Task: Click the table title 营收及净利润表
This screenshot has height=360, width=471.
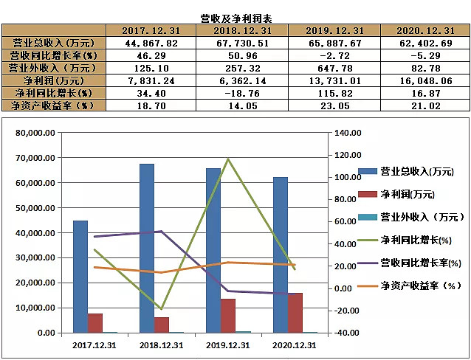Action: click(x=235, y=17)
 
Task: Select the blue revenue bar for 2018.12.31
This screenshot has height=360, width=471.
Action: click(x=147, y=248)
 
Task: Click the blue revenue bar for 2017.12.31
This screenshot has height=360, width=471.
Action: click(x=80, y=277)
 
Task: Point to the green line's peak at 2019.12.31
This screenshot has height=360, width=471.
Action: click(x=228, y=159)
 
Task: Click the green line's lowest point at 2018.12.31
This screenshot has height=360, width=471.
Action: click(x=162, y=308)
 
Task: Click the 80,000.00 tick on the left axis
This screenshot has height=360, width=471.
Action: click(x=38, y=133)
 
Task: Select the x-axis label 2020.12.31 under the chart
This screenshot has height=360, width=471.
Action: click(x=294, y=345)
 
